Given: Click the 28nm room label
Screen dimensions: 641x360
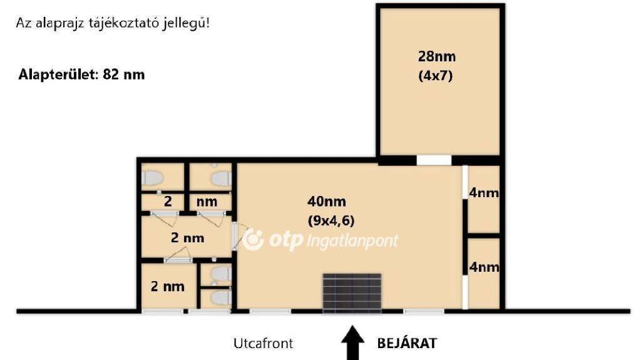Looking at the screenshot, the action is tap(436, 56).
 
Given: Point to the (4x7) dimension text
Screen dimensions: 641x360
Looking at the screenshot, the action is tap(436, 76).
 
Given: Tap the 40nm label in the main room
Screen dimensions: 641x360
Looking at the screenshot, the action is tap(327, 201).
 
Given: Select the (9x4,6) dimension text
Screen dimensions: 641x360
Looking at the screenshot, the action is tap(331, 220).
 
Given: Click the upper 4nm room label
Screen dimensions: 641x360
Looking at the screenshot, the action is tap(484, 193).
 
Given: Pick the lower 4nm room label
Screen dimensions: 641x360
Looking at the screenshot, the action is tap(484, 267).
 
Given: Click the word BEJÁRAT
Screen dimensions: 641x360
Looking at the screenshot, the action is tap(407, 343).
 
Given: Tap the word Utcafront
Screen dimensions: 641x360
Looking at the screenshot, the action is tap(264, 343).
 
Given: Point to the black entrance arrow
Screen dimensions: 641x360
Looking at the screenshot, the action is tap(353, 343).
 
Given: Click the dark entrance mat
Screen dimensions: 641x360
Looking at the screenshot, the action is tap(352, 294).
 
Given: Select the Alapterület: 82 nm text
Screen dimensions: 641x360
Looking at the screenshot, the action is tap(81, 75).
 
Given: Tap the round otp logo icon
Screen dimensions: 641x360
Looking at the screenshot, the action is tap(254, 240).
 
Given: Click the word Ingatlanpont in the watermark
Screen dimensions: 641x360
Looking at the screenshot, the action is tap(352, 241).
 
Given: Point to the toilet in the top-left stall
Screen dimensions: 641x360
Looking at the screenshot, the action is tap(153, 178).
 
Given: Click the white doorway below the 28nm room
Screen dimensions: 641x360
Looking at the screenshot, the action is tap(434, 160).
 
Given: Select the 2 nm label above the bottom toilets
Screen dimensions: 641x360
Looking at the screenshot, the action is tap(187, 238).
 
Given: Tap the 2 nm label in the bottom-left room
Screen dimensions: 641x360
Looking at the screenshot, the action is tap(168, 286).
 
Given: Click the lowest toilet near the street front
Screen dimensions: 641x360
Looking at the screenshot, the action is tap(221, 298).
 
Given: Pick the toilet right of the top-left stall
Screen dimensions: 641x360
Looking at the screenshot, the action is tap(221, 178).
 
